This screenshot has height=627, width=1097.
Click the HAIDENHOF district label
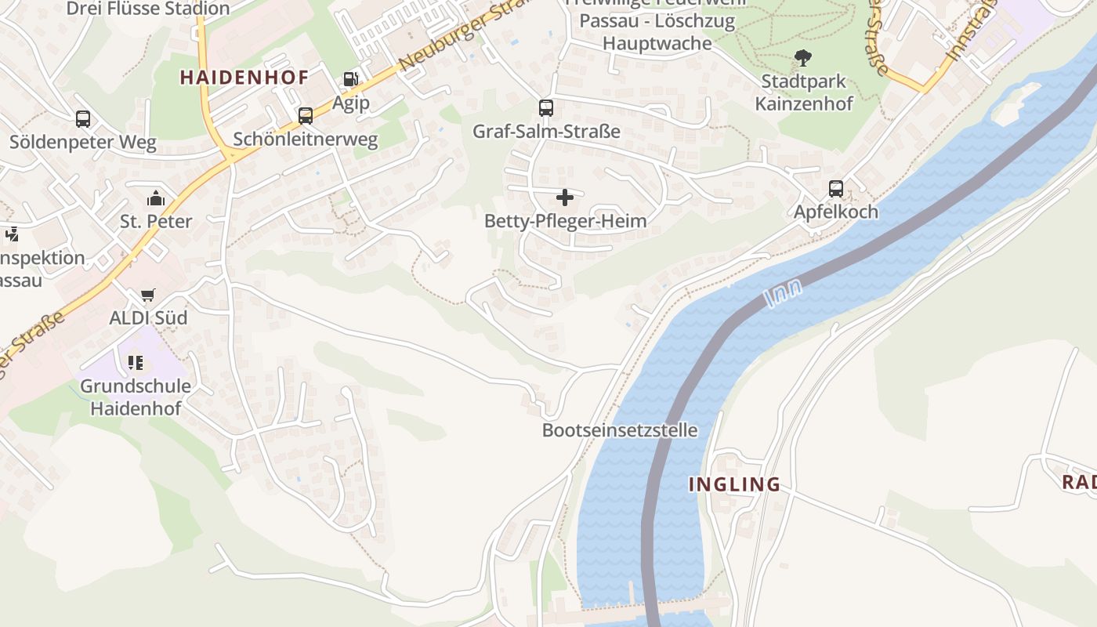(x=244, y=77)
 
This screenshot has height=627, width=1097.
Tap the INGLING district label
(x=734, y=484)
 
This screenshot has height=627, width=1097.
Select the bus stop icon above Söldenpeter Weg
(x=83, y=119)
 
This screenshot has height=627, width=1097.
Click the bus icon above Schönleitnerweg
(x=306, y=116)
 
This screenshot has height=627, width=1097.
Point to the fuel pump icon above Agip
(x=350, y=79)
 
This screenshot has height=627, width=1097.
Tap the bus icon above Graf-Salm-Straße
(x=546, y=108)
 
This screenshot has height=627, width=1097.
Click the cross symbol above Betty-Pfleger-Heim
(x=565, y=198)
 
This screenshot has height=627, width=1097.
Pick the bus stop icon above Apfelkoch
(x=836, y=189)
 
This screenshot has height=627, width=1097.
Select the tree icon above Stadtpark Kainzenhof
(x=802, y=57)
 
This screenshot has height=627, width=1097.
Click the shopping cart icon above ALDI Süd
(x=148, y=295)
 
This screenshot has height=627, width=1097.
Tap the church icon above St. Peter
(x=156, y=198)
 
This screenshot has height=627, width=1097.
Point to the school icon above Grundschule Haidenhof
(x=136, y=362)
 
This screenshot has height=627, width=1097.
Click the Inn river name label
(x=783, y=294)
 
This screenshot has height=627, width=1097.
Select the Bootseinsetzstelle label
(x=619, y=430)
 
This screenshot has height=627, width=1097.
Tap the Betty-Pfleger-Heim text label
(x=565, y=221)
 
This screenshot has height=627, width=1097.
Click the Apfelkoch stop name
(x=836, y=212)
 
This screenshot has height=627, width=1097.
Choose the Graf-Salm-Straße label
(x=546, y=131)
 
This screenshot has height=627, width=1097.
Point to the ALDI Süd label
(x=148, y=317)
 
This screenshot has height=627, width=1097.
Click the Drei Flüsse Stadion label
(x=148, y=9)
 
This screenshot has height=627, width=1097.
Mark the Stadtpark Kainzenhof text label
(x=804, y=92)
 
